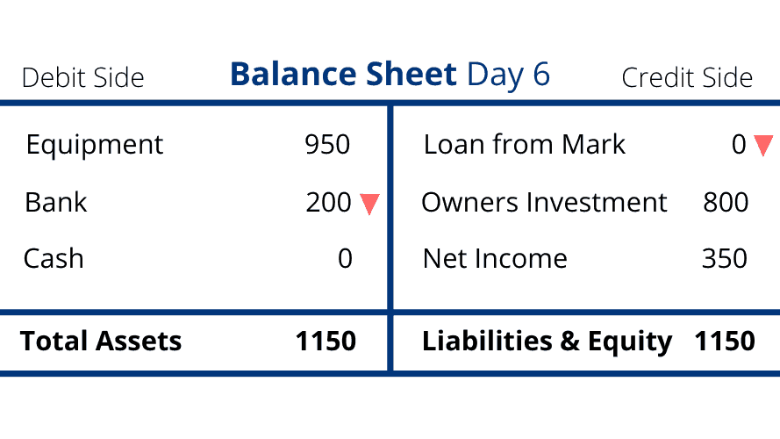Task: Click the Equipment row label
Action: coord(95,146)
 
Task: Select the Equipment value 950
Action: coord(327,145)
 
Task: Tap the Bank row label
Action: coord(56,203)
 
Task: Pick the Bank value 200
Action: coord(328,203)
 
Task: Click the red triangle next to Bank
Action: coord(369,204)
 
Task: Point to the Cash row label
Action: coord(54,259)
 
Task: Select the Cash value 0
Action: coord(345,259)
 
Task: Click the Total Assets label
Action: coord(101,342)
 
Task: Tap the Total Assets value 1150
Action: coord(326,342)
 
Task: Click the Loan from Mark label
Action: coord(525,145)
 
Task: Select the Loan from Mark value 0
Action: coord(740,145)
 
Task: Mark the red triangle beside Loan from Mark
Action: coord(763,146)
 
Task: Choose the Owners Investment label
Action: coord(544,203)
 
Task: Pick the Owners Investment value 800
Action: coord(726,203)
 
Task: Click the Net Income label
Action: coord(495,259)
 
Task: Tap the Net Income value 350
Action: coord(725,259)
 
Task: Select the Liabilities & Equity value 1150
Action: coord(725,342)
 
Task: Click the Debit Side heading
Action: coord(83,78)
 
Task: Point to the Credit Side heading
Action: coord(687,78)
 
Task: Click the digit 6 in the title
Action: coord(541,74)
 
